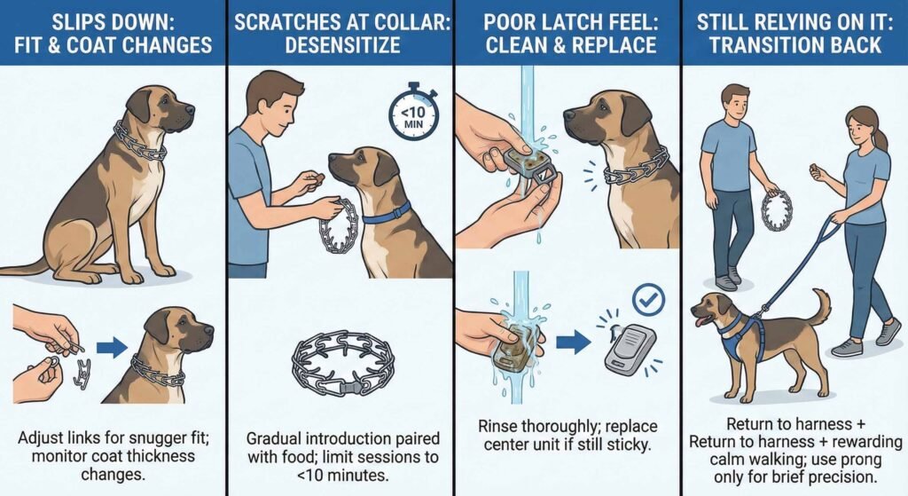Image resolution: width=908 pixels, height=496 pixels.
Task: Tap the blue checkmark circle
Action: click(648, 302)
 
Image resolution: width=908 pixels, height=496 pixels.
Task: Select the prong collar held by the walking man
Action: click(776, 209)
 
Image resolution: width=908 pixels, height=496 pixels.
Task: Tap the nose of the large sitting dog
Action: click(190, 112)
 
